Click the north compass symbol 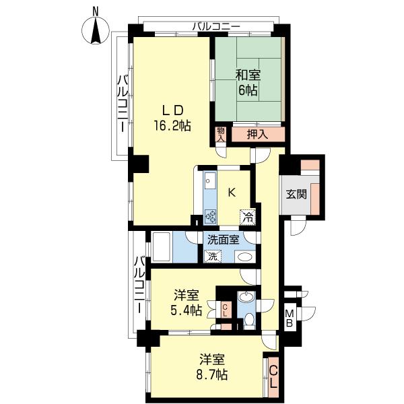pos(96,30)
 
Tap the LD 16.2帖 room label pos(172,119)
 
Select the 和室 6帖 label pos(248,83)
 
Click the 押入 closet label pos(257,135)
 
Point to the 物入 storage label pos(221,134)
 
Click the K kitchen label pos(232,193)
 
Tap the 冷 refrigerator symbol pos(248,217)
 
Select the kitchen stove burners pos(211,216)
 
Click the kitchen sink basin pos(210,180)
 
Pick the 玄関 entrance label pos(296,194)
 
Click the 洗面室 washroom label pos(223,240)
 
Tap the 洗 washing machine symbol pos(213,257)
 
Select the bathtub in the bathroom pos(162,247)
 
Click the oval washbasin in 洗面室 pos(245,257)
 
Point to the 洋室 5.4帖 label pos(187,303)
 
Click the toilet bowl pos(249,320)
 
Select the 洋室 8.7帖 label pos(212,367)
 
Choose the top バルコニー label pos(216,26)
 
